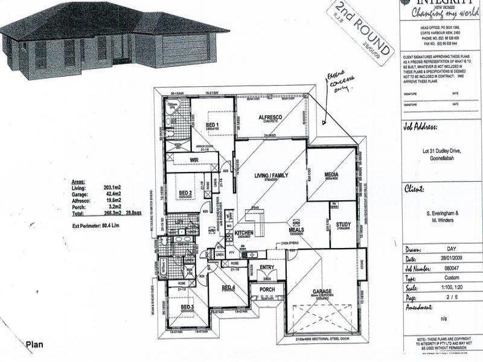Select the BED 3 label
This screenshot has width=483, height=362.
click(186, 307)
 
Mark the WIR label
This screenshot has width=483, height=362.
click(194, 160)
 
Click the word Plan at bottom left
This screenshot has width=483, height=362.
click(34, 345)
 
